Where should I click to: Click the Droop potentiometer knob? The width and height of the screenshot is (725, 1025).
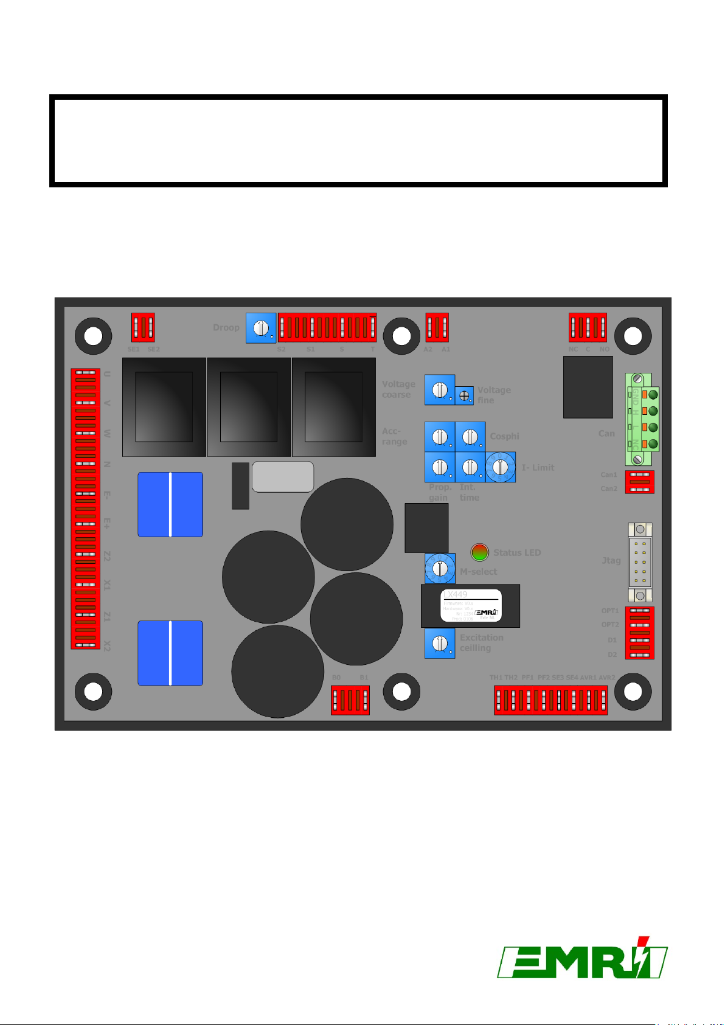pyautogui.click(x=261, y=328)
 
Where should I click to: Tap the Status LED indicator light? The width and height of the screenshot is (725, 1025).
pyautogui.click(x=480, y=552)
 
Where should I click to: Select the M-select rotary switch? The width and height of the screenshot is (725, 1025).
pyautogui.click(x=439, y=569)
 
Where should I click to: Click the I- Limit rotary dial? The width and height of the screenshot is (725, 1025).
pyautogui.click(x=501, y=467)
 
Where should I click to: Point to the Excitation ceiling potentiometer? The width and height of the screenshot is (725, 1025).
pyautogui.click(x=439, y=643)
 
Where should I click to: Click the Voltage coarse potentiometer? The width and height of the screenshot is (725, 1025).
pyautogui.click(x=439, y=389)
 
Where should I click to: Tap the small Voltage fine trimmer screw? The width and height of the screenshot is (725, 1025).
pyautogui.click(x=465, y=395)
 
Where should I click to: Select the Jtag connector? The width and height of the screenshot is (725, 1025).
pyautogui.click(x=640, y=563)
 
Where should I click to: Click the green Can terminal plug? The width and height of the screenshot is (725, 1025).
pyautogui.click(x=642, y=420)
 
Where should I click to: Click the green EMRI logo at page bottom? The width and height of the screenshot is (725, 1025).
pyautogui.click(x=582, y=959)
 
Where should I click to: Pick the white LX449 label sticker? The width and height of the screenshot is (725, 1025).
pyautogui.click(x=471, y=605)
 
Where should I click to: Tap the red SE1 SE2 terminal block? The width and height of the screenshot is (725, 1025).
pyautogui.click(x=144, y=328)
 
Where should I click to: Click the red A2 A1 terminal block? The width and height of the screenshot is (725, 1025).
pyautogui.click(x=437, y=328)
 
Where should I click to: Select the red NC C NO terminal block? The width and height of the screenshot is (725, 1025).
pyautogui.click(x=588, y=328)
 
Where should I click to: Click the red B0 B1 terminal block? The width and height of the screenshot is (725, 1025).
pyautogui.click(x=350, y=700)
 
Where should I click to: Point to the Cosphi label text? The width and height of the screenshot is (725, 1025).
pyautogui.click(x=504, y=436)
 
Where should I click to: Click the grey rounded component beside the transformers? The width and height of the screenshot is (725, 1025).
pyautogui.click(x=283, y=476)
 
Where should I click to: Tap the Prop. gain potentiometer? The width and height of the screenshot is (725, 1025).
pyautogui.click(x=439, y=467)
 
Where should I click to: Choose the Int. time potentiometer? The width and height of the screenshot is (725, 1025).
pyautogui.click(x=470, y=467)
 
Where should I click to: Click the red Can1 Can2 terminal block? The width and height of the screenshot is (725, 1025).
pyautogui.click(x=640, y=482)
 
